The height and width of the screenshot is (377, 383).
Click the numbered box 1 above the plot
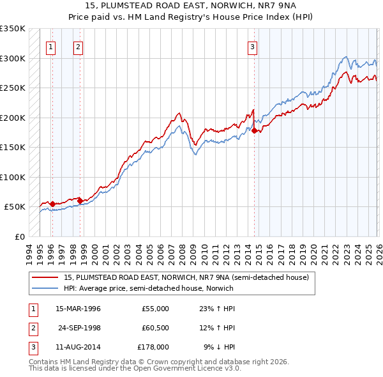50,46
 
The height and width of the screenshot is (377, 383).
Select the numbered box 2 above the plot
78,46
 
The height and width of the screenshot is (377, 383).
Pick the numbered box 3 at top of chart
252,46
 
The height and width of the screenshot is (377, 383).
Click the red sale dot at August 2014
254,131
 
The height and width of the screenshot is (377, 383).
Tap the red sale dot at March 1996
52,204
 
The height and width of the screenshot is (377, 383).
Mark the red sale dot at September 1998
80,201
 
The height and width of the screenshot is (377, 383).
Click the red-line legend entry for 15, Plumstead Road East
186,277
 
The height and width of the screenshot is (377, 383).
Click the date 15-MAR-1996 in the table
78,309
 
